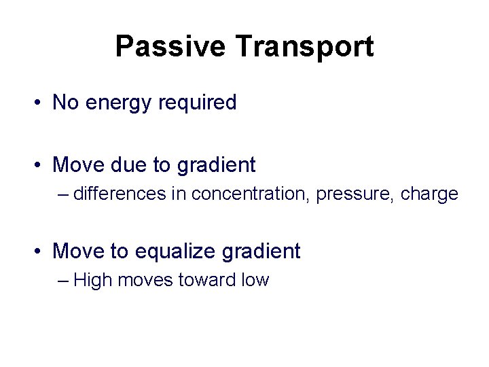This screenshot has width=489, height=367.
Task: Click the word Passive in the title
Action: click(170, 47)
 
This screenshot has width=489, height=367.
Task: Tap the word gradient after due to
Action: click(216, 165)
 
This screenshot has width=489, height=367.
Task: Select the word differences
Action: click(120, 194)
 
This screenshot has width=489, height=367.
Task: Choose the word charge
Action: click(429, 194)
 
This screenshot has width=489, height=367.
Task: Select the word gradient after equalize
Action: click(261, 252)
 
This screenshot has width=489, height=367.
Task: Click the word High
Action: click(93, 280)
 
